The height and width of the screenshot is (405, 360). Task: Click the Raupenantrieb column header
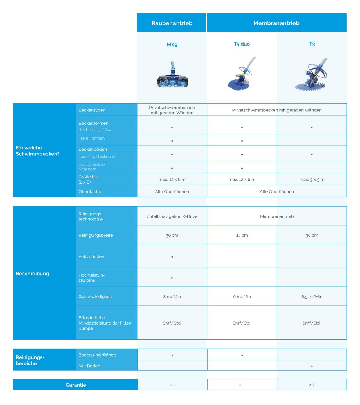pos(172,23)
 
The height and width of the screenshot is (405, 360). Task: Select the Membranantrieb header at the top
pos(276,23)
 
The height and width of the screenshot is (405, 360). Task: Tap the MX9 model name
pos(172,44)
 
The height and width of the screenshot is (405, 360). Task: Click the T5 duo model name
pos(242,44)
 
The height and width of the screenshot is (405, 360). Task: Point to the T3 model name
pos(312,44)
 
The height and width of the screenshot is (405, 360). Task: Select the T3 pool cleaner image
pos(312,75)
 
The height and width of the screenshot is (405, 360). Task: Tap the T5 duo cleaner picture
pos(242,74)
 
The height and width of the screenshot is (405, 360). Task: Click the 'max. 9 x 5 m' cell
pos(312,180)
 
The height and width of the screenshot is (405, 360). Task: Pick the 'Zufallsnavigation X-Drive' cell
pos(172,216)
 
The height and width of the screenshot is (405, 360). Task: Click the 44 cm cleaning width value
pos(242,235)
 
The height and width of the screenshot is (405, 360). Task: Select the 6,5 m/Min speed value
pos(312,297)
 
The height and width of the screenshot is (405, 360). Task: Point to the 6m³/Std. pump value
pos(312,323)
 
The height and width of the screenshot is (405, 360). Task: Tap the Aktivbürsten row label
pos(91,256)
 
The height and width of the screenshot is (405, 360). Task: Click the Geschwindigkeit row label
pos(95,297)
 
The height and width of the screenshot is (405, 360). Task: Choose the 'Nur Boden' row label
pos(89,366)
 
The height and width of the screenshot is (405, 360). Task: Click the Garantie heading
pos(76,385)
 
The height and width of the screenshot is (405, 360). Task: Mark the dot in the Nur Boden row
pos(312,366)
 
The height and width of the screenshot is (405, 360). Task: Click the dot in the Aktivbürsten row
pos(172,257)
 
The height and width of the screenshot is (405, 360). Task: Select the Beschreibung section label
pos(32,274)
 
